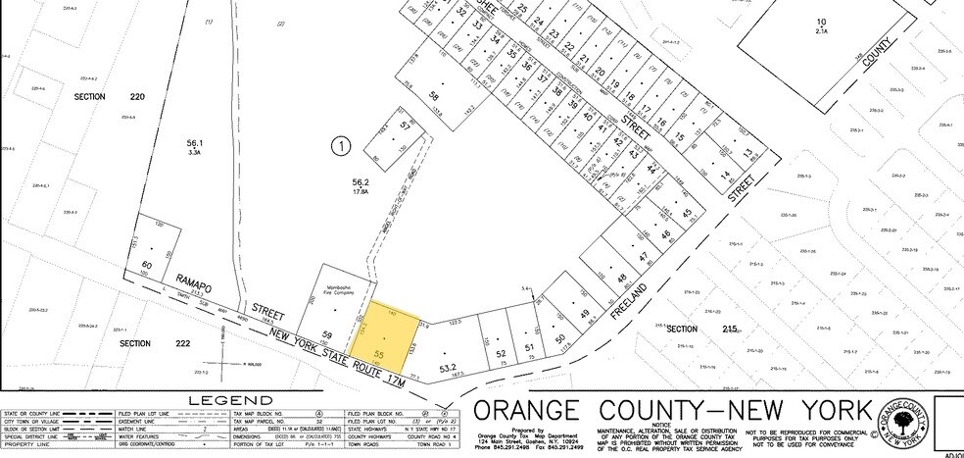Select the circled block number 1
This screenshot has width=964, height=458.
coord(340,147)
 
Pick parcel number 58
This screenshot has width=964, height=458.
coord(434,98)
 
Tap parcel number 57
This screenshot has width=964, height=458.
coord(387,128)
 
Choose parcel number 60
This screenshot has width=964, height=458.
coord(148,265)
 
